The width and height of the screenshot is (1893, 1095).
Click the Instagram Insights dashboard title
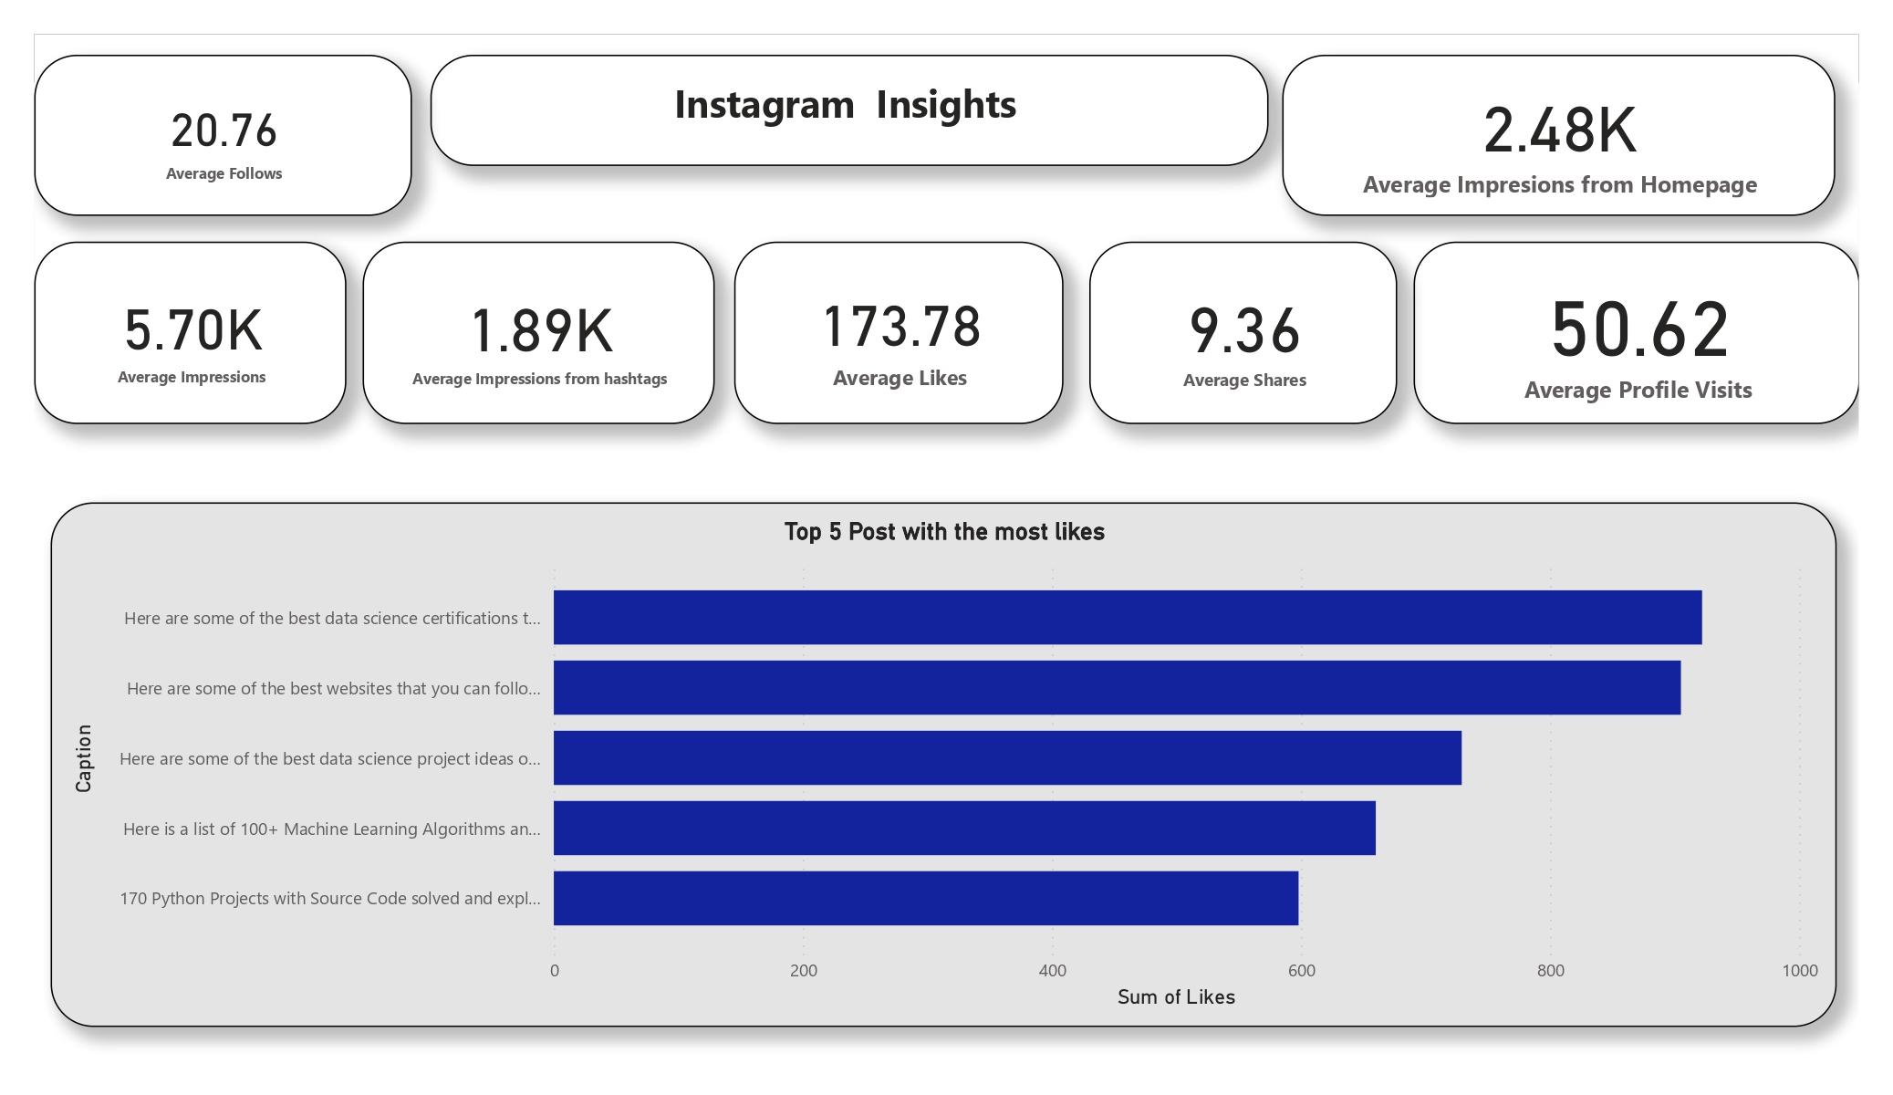pyautogui.click(x=845, y=106)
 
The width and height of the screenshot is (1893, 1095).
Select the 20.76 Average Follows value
pyautogui.click(x=224, y=130)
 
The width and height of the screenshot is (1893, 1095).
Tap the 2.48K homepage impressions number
pyautogui.click(x=1559, y=130)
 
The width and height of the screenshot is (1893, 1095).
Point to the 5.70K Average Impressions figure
pyautogui.click(x=192, y=330)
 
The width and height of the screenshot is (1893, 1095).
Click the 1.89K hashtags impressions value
pyautogui.click(x=541, y=330)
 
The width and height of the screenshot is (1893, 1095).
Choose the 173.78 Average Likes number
pyautogui.click(x=900, y=327)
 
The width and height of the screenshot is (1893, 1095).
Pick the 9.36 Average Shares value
pyautogui.click(x=1243, y=330)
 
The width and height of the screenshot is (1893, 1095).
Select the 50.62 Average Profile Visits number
pyautogui.click(x=1638, y=329)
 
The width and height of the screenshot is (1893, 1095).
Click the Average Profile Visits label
pyautogui.click(x=1638, y=391)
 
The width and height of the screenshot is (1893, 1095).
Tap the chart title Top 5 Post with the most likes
pyautogui.click(x=944, y=532)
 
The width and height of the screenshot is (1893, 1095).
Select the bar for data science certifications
pyautogui.click(x=1127, y=618)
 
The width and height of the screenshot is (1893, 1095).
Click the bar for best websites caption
pyautogui.click(x=1117, y=688)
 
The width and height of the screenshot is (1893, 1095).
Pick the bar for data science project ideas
pyautogui.click(x=1007, y=758)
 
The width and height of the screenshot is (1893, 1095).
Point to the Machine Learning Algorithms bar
pyautogui.click(x=964, y=829)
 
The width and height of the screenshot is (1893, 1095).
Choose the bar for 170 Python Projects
pyautogui.click(x=925, y=899)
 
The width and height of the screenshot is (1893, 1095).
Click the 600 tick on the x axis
pyautogui.click(x=1301, y=971)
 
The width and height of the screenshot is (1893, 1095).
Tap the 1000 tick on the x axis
pyautogui.click(x=1799, y=971)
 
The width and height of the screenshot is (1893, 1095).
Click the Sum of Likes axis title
pyautogui.click(x=1176, y=997)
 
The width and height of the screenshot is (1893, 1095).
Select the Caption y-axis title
pyautogui.click(x=84, y=758)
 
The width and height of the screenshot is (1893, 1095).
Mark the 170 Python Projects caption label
pyautogui.click(x=330, y=899)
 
